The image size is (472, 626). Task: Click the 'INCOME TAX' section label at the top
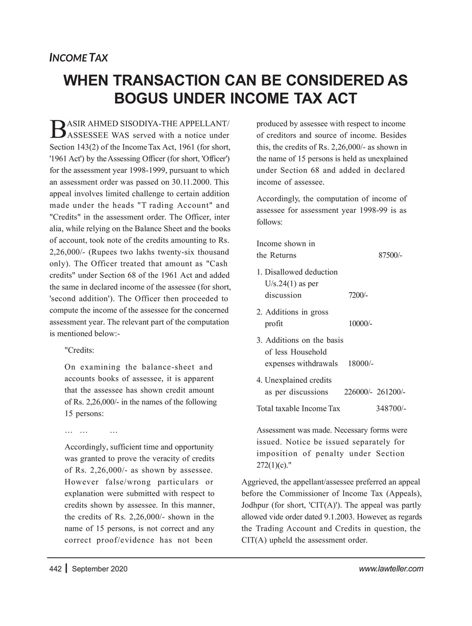tap(79, 58)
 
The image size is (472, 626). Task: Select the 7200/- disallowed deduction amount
tap(358, 295)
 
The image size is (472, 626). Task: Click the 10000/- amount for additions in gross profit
tap(360, 324)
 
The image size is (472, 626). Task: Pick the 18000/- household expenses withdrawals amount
tap(360, 364)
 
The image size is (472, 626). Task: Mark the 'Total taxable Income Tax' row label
tap(298, 408)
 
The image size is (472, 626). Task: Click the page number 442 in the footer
tap(55, 569)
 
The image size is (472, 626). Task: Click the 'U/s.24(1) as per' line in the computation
tap(291, 284)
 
